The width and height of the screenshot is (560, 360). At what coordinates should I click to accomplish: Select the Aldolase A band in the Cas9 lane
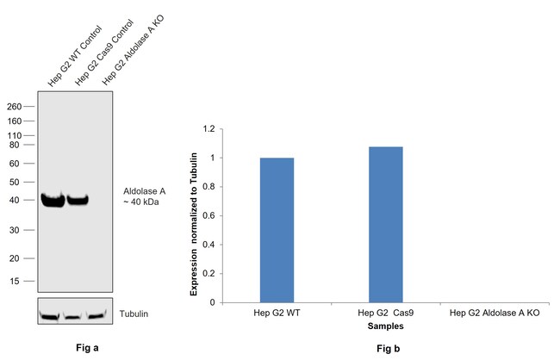coord(78,201)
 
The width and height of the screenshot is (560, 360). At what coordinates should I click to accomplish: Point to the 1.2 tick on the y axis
coord(208,129)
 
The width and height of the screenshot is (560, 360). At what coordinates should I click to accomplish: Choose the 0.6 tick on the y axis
coord(208,215)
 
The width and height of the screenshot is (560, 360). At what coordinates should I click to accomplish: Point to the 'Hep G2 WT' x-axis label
coord(276,313)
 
